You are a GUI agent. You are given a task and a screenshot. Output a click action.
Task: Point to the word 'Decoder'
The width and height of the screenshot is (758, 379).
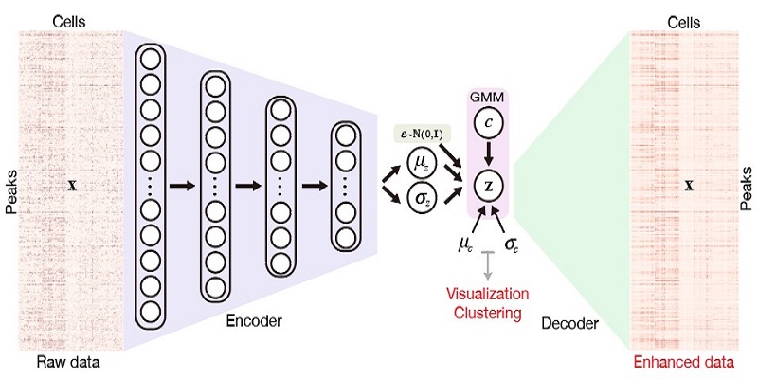coord(569,324)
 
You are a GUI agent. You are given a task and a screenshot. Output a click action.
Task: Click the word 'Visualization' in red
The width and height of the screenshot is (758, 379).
coord(489,295)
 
